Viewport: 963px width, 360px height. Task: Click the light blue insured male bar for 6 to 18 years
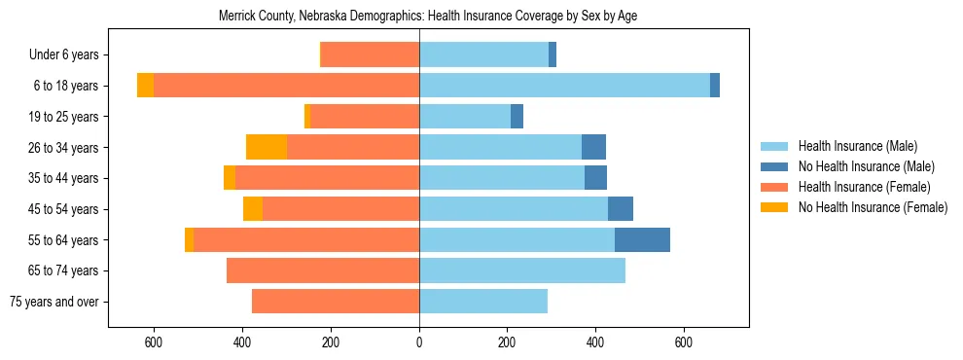tap(564, 86)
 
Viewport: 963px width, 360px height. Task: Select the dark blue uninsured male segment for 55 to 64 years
tap(642, 239)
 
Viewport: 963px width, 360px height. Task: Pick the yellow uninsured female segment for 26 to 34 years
tap(267, 147)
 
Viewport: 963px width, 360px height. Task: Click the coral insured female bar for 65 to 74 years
tap(323, 270)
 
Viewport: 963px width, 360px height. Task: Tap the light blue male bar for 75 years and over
tap(483, 302)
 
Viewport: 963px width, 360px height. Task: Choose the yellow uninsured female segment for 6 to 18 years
tap(145, 86)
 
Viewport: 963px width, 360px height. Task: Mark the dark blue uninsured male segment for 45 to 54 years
tap(621, 209)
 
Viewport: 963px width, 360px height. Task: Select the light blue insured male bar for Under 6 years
tap(483, 54)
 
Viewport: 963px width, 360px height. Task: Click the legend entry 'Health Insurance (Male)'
tap(857, 146)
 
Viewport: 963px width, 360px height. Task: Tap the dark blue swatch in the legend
tap(774, 166)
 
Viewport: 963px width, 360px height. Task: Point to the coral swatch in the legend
tap(774, 187)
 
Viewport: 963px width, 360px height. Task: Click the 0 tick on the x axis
tap(419, 342)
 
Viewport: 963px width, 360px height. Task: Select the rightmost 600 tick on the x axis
tap(684, 342)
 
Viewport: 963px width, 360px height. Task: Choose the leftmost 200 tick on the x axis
tap(331, 342)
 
